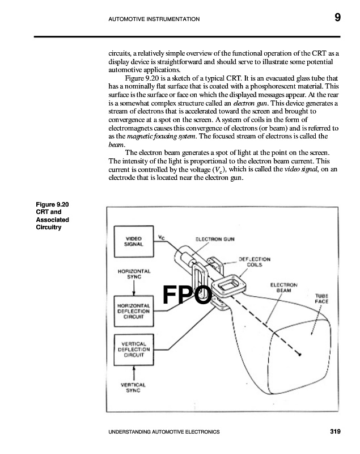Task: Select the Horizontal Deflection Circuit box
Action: [134, 311]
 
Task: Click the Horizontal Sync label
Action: [134, 274]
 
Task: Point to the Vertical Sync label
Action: [134, 387]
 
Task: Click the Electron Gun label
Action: [215, 239]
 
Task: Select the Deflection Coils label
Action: [255, 262]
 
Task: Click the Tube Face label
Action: [321, 299]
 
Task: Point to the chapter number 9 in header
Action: [337, 18]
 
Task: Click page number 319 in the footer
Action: [334, 432]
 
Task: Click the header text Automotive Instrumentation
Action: [153, 19]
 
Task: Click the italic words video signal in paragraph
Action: [305, 170]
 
